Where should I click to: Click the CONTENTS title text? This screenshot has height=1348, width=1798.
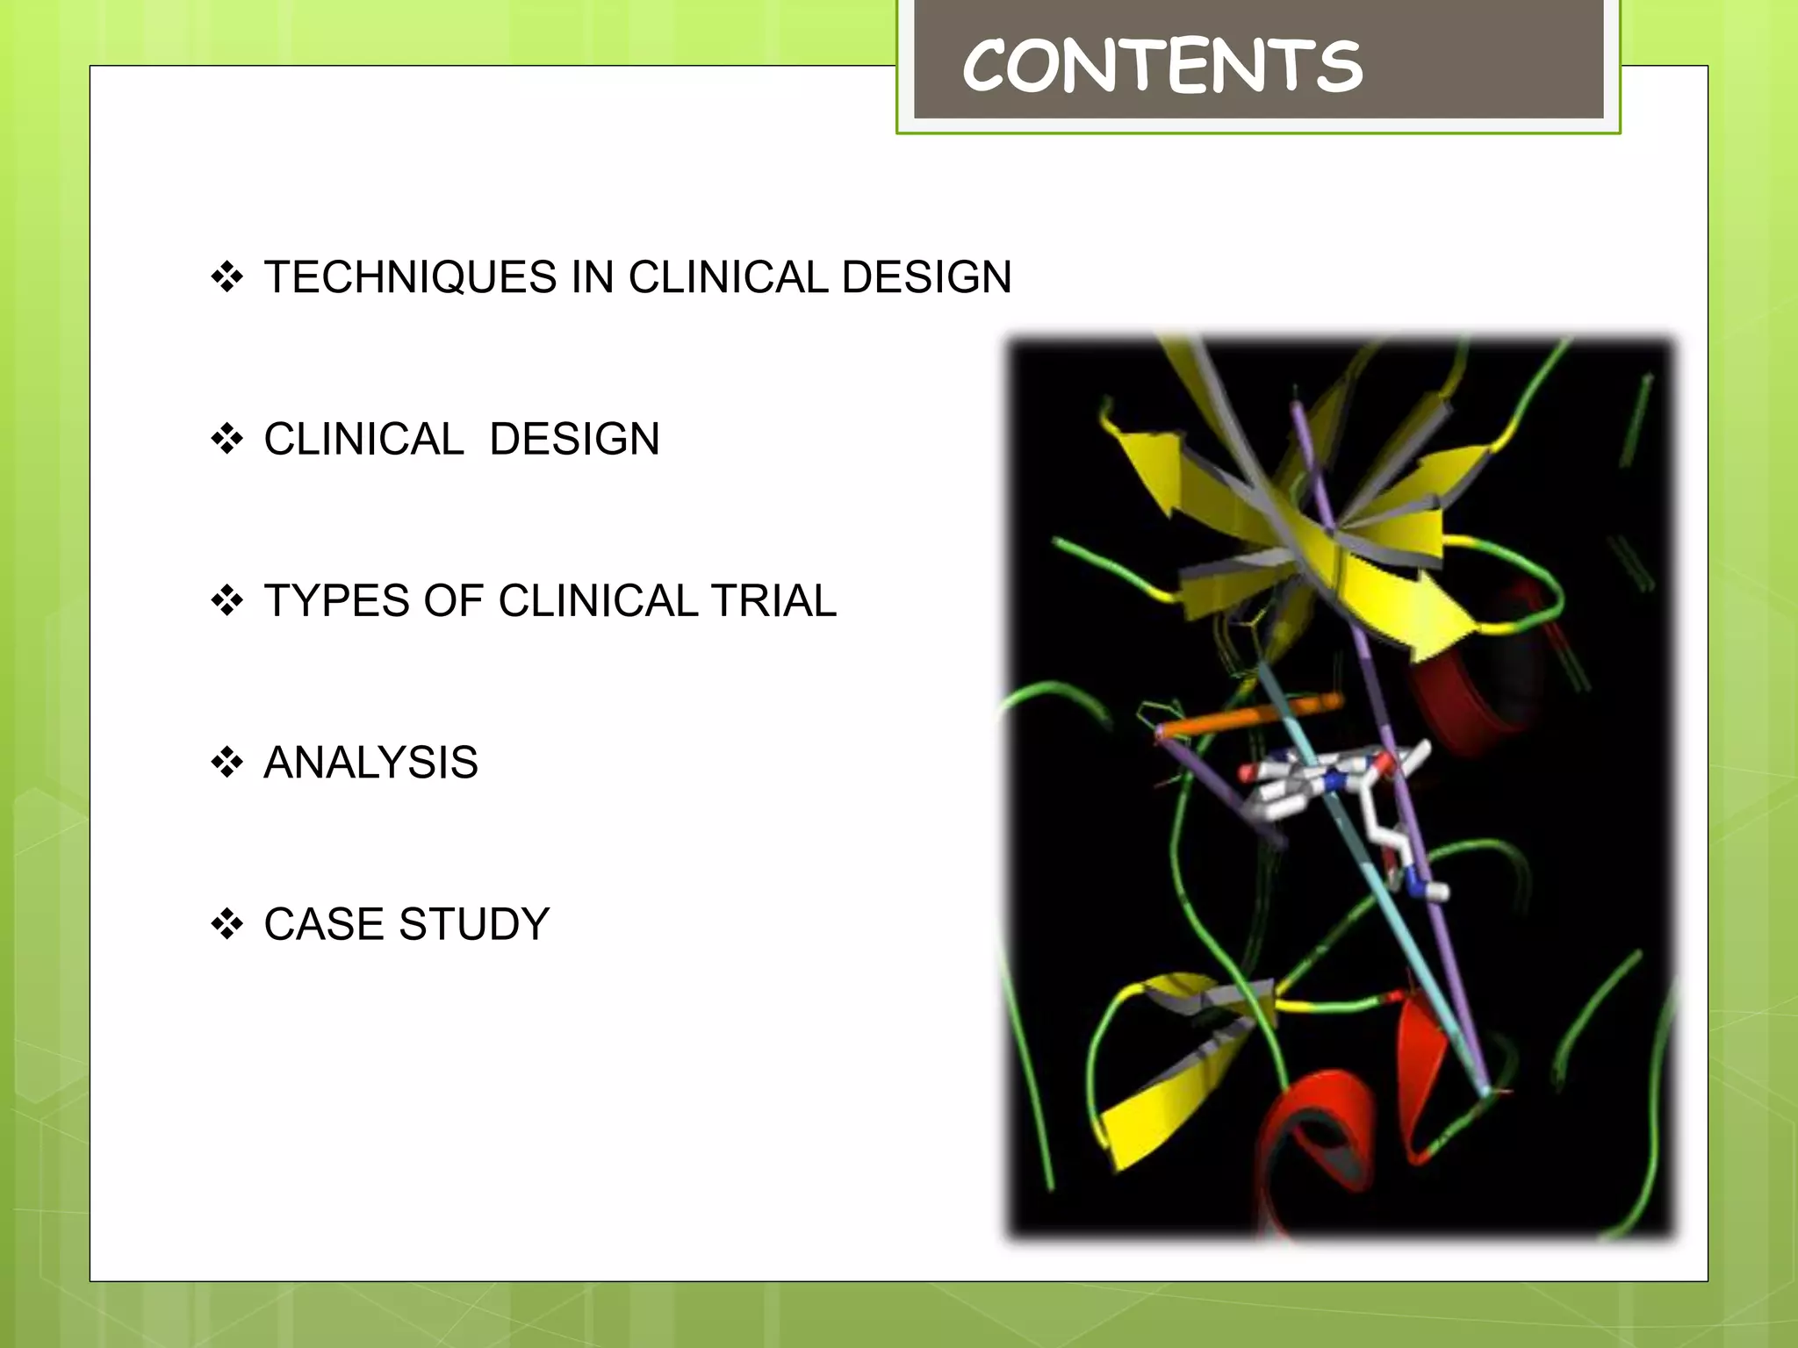[1161, 67]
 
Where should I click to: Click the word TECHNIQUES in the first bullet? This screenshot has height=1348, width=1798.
[410, 277]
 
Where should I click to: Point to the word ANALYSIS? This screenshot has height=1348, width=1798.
[370, 763]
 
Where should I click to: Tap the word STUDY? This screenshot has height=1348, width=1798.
[474, 924]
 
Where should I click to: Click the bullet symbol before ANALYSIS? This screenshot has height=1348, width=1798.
[227, 763]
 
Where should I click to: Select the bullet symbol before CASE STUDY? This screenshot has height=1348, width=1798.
[227, 924]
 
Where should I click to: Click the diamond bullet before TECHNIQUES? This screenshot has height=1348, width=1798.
[227, 277]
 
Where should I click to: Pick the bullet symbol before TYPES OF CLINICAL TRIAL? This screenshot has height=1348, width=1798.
[227, 601]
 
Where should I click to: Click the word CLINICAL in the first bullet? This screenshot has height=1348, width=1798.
[727, 277]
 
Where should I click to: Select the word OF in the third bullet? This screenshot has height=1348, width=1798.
[453, 601]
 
